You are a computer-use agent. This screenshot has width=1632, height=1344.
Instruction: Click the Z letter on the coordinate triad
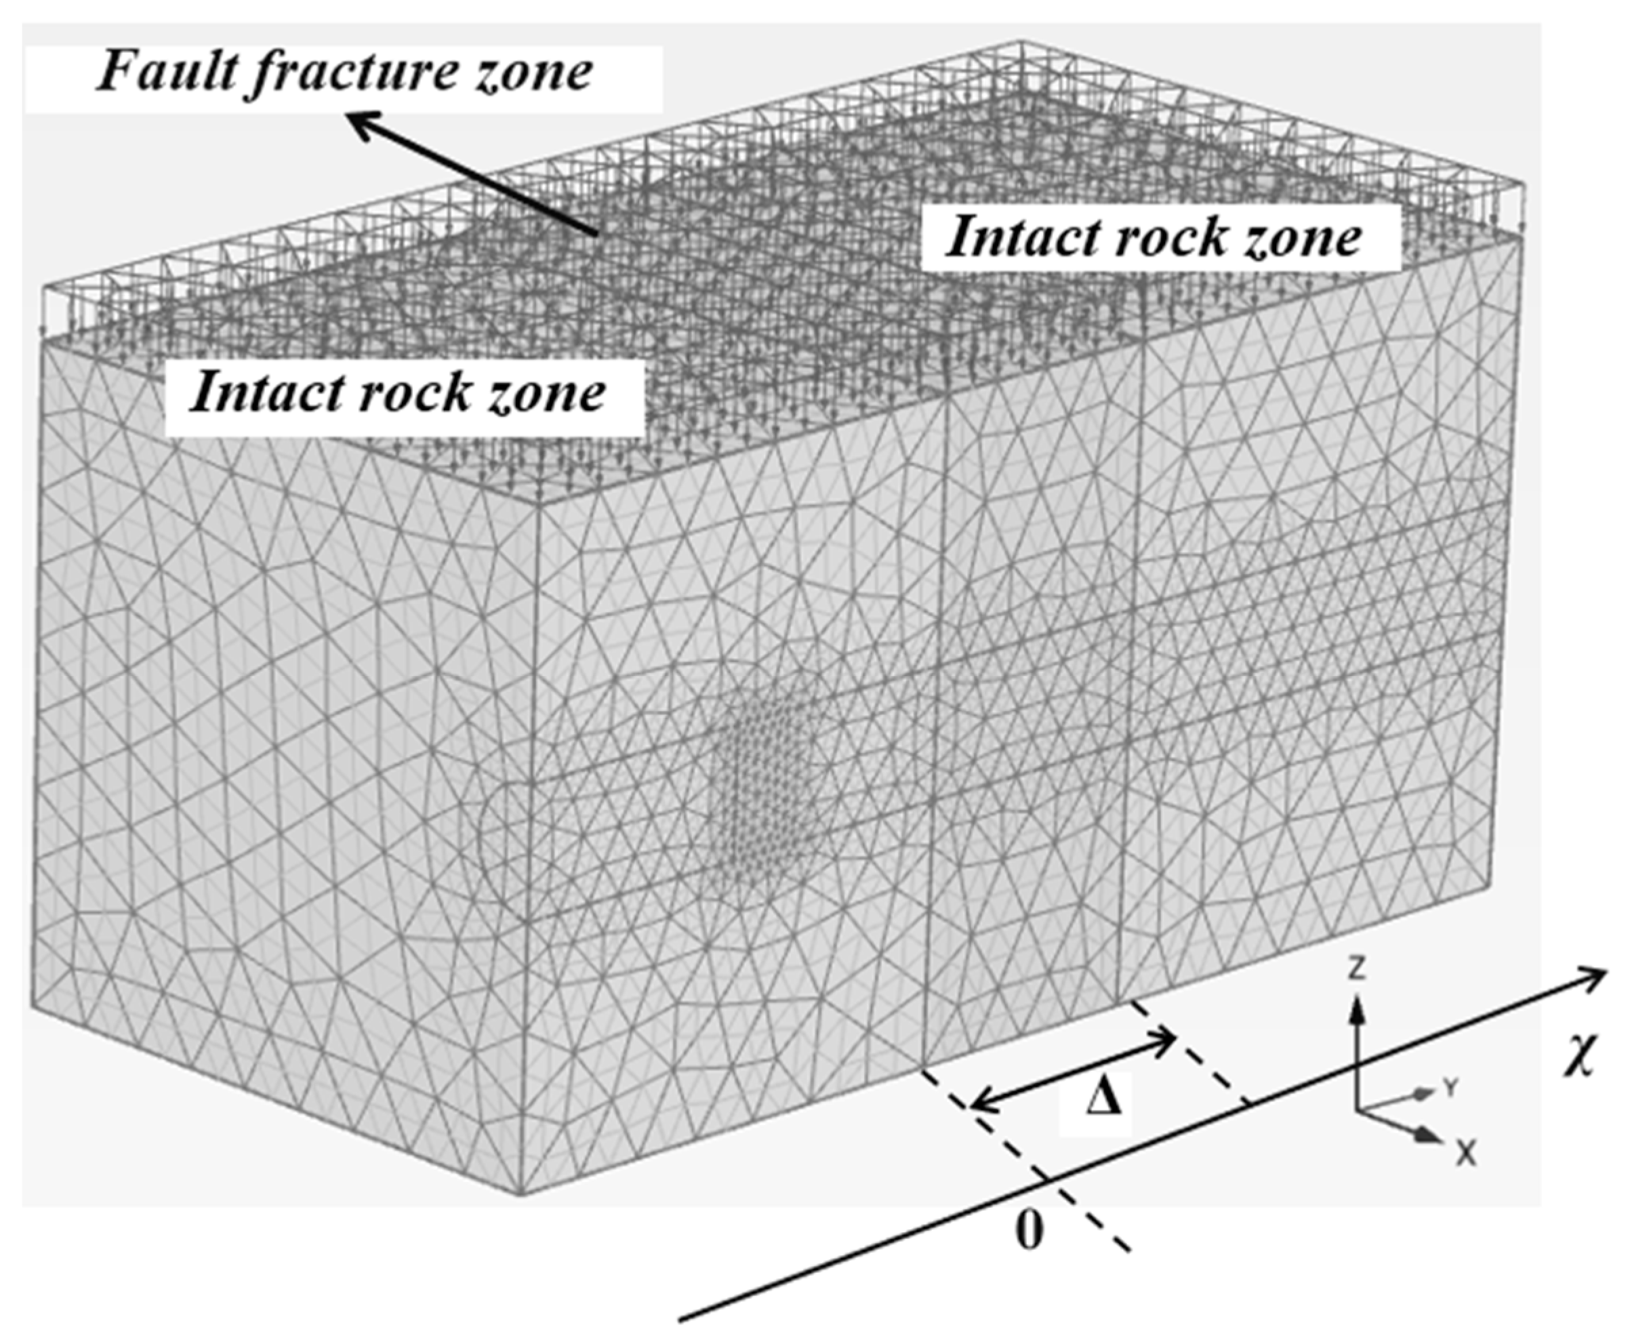1355,968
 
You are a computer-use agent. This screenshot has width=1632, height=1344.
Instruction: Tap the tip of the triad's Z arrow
1355,1000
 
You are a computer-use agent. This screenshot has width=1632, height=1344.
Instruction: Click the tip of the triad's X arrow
1438,1139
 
